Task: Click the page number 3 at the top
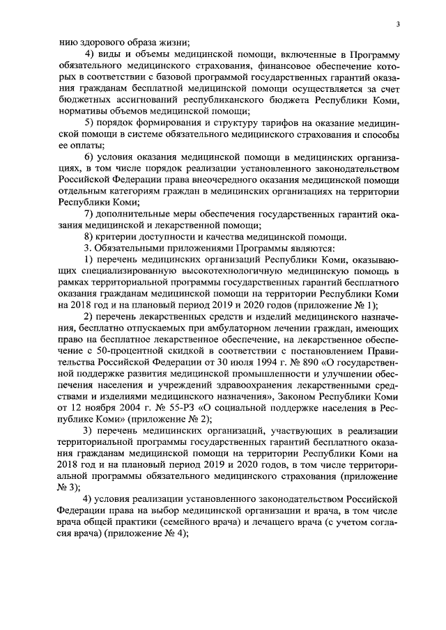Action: coord(397,24)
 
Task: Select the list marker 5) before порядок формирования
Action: coord(89,123)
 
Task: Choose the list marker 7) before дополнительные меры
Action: coord(89,214)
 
